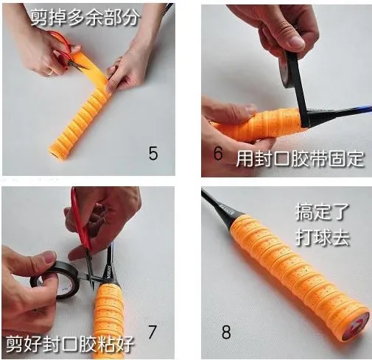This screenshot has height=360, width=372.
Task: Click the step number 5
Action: [x=153, y=153]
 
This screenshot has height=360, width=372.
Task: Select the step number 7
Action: [x=152, y=331]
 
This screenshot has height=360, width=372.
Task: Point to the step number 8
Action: [x=226, y=332]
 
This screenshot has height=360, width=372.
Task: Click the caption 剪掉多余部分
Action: [x=85, y=17]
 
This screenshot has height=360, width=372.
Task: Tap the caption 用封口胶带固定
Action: [x=300, y=159]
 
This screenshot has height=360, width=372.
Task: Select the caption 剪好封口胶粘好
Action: [x=70, y=344]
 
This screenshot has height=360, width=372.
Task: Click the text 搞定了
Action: [x=322, y=212]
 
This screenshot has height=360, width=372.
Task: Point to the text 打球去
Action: [x=323, y=237]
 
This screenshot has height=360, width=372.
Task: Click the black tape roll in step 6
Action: [x=289, y=70]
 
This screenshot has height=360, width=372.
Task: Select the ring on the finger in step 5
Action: [x=50, y=72]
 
